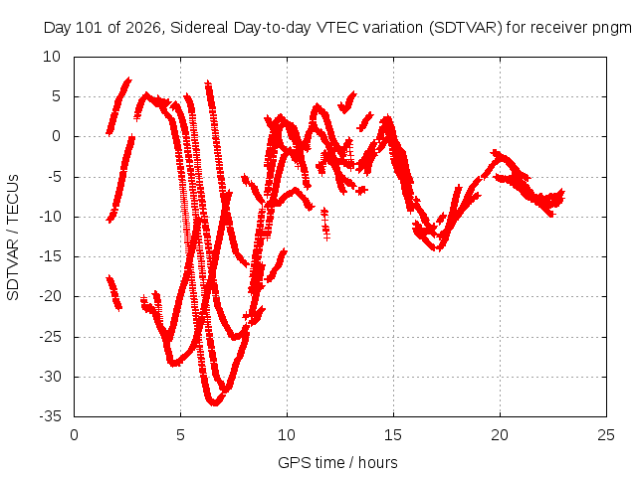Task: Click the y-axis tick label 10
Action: click(52, 57)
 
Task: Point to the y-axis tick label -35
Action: click(50, 416)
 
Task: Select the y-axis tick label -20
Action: click(50, 296)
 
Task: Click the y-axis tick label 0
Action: click(56, 136)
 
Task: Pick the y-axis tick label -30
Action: click(50, 377)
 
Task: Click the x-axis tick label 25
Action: click(606, 435)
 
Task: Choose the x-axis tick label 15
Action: click(393, 435)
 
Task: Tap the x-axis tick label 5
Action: click(180, 435)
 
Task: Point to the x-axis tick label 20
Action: click(500, 435)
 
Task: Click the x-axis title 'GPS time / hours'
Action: click(337, 463)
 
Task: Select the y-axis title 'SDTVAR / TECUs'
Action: click(13, 238)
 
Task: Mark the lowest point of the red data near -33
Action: click(215, 403)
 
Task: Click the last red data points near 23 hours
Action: click(561, 196)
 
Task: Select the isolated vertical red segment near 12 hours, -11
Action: click(325, 224)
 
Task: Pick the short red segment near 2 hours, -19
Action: click(113, 293)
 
